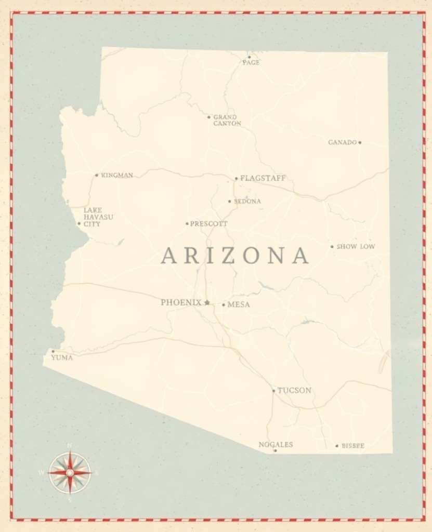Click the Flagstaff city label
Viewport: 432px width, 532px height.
263,178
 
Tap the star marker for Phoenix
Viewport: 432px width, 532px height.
207,302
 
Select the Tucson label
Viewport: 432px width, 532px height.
294,390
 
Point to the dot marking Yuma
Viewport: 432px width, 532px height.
53,351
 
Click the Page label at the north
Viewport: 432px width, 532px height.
251,62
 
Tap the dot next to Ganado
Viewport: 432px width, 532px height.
360,142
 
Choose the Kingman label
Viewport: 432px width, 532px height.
117,175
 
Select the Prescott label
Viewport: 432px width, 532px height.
209,224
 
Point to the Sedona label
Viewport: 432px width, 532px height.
247,201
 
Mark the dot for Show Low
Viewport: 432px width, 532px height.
332,247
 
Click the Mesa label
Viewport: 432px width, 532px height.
239,304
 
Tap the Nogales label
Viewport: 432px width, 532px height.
276,444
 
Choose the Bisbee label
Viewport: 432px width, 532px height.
353,446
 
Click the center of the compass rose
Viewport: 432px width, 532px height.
70,472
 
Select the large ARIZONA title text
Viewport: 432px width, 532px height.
235,256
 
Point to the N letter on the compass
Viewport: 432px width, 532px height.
70,446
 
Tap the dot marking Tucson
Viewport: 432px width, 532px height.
273,391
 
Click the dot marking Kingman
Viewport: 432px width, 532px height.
96,175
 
